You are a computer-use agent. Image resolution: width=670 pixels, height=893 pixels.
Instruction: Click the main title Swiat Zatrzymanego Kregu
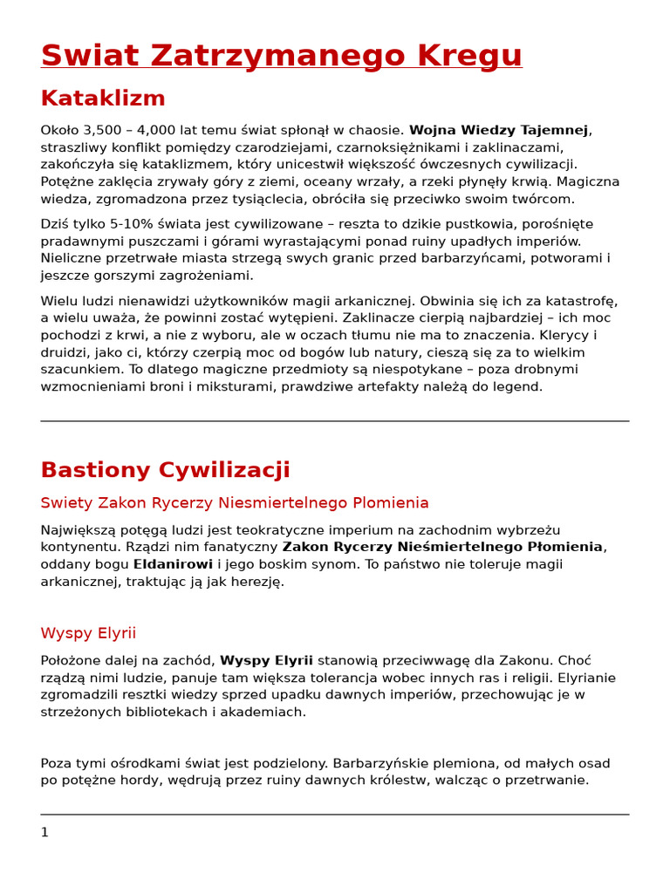pyautogui.click(x=281, y=55)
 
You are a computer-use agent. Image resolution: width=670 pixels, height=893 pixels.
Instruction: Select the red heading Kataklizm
pyautogui.click(x=103, y=98)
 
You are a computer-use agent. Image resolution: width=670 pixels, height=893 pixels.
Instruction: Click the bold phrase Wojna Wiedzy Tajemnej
pyautogui.click(x=498, y=130)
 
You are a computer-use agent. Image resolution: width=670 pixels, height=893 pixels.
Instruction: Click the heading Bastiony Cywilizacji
pyautogui.click(x=165, y=470)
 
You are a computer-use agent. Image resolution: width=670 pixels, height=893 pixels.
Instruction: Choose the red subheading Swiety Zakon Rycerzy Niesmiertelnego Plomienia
pyautogui.click(x=235, y=503)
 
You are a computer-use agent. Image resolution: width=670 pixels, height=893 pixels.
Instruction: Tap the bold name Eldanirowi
pyautogui.click(x=173, y=564)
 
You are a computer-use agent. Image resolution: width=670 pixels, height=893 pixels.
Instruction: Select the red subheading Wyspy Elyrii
pyautogui.click(x=88, y=633)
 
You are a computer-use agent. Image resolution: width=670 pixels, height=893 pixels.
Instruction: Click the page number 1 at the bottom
pyautogui.click(x=44, y=832)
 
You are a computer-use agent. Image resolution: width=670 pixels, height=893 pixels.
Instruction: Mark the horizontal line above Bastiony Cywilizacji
pyautogui.click(x=335, y=421)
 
